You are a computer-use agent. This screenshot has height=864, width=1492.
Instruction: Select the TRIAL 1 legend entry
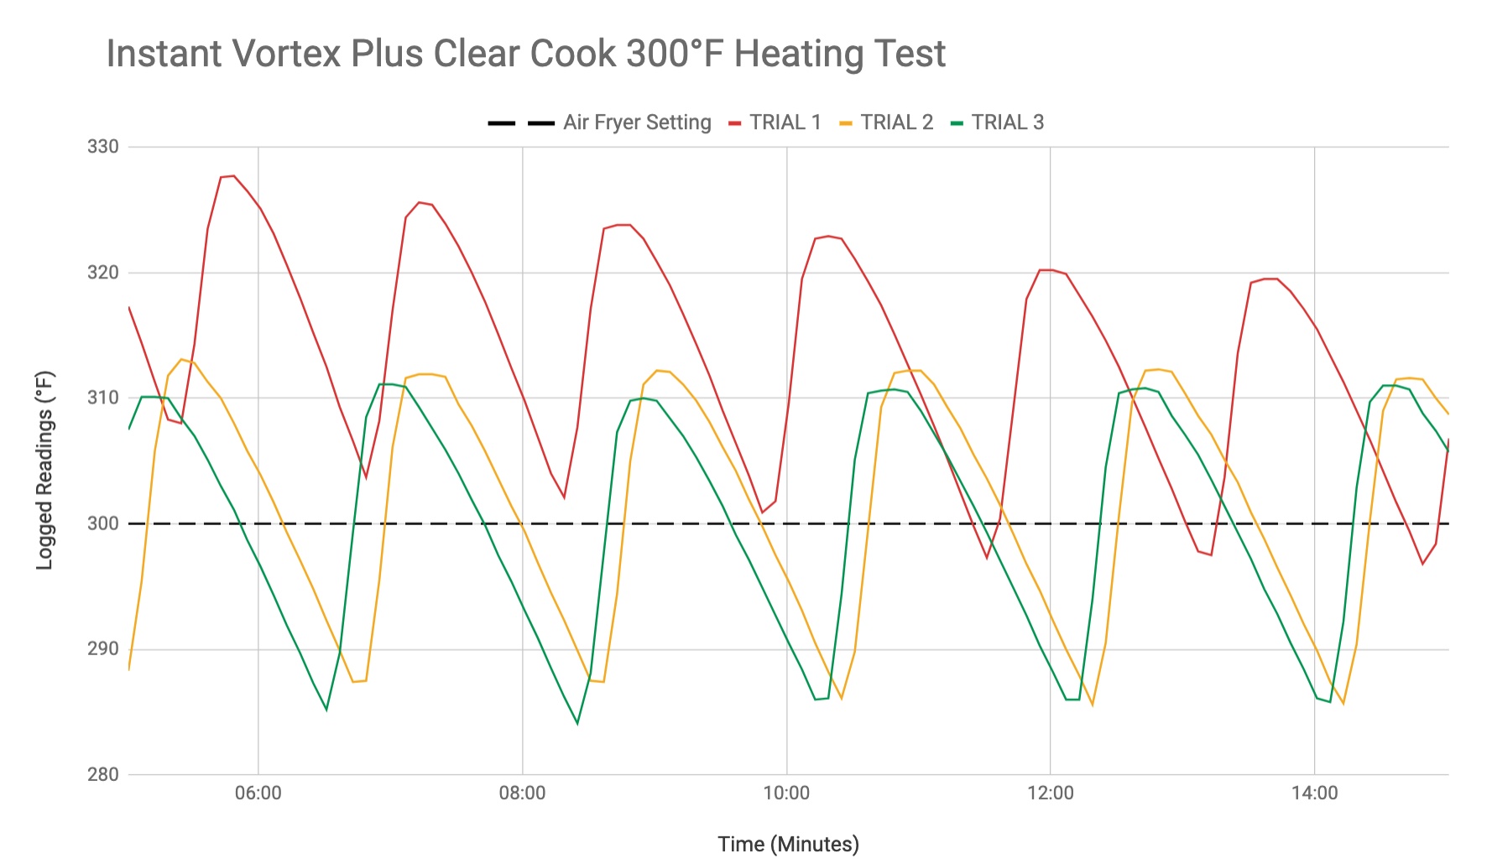point(785,122)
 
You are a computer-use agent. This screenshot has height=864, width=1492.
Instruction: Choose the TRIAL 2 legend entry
point(896,122)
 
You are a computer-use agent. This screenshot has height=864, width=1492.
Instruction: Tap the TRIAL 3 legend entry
point(1007,122)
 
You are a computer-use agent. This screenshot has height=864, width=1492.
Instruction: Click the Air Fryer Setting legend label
point(637,122)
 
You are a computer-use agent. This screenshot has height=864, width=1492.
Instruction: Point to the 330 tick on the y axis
point(103,147)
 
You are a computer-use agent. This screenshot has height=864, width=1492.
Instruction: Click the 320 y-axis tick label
point(103,273)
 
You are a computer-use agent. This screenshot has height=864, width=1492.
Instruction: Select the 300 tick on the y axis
point(103,523)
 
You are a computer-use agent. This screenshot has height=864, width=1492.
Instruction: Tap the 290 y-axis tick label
point(103,648)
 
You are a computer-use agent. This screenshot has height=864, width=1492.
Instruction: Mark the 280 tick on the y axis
point(103,773)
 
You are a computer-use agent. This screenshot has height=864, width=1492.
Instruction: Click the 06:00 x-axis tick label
point(258,794)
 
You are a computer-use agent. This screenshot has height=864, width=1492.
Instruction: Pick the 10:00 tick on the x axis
point(786,794)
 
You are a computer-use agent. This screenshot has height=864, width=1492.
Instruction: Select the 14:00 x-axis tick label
point(1314,794)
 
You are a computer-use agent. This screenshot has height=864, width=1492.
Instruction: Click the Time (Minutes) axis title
point(788,844)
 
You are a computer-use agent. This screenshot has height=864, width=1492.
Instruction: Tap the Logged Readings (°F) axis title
point(44,470)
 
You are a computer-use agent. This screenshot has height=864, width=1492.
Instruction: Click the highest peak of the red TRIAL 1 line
point(232,176)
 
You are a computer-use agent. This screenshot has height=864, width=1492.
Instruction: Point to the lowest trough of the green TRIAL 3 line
point(577,723)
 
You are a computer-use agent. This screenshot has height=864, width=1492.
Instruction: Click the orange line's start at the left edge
point(129,669)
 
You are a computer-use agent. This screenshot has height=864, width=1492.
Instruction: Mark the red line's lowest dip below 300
point(1422,564)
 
